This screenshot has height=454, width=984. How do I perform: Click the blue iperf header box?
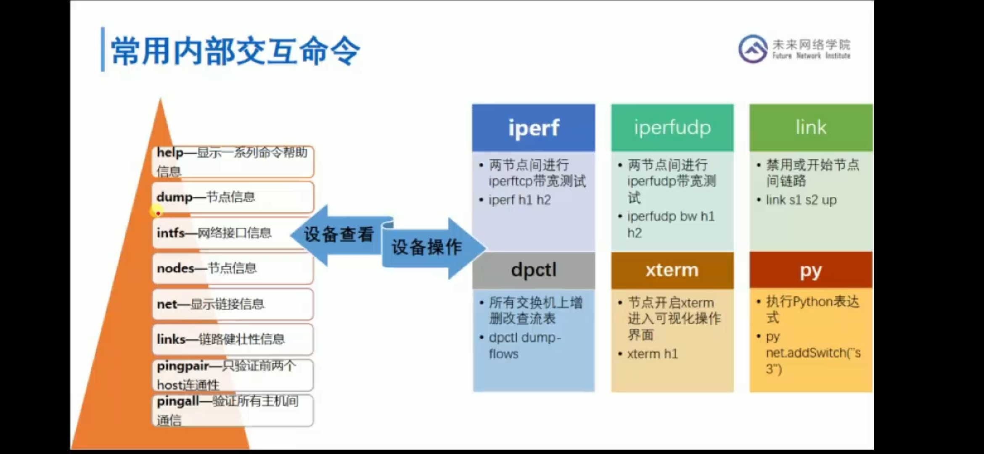click(x=533, y=128)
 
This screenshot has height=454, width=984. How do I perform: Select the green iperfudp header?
click(x=672, y=128)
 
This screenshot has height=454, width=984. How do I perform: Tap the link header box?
click(x=811, y=128)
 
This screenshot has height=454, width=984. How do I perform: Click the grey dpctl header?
click(x=533, y=270)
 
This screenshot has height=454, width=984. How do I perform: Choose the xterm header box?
click(x=672, y=270)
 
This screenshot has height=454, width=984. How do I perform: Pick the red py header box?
click(x=811, y=270)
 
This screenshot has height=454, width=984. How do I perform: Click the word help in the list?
click(x=170, y=153)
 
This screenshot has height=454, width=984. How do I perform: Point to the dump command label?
click(x=174, y=197)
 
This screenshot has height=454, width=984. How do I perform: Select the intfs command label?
click(x=170, y=232)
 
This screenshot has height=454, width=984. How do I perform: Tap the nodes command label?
click(x=175, y=268)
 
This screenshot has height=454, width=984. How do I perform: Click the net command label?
click(x=167, y=304)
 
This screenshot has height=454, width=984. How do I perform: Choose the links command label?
click(x=171, y=339)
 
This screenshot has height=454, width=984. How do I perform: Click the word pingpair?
click(x=183, y=367)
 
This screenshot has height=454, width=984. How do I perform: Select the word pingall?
click(x=177, y=402)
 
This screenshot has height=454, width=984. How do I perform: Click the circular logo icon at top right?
click(x=752, y=49)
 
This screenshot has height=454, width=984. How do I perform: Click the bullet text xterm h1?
click(x=652, y=354)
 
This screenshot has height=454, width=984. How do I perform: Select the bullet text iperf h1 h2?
click(x=519, y=200)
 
